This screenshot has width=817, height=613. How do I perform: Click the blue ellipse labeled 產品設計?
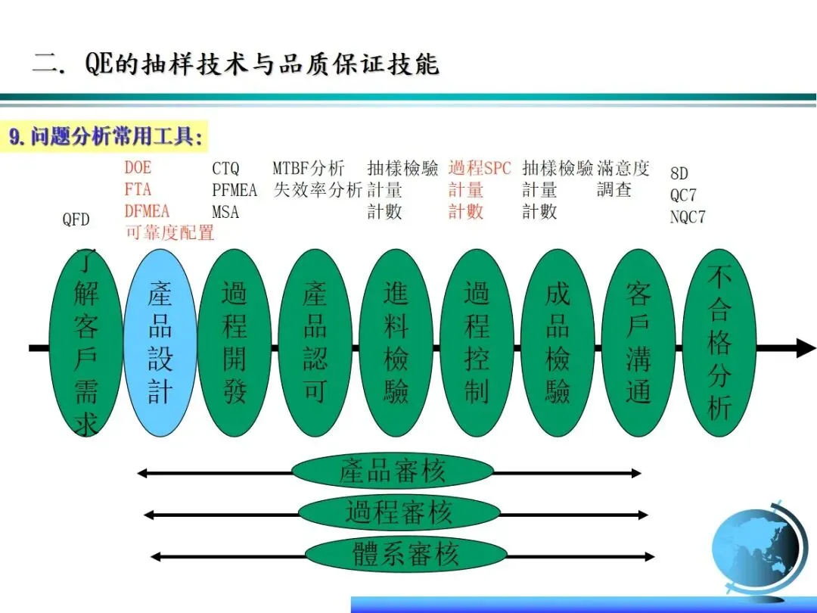pos(160,343)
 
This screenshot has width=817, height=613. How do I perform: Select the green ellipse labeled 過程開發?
pos(234,343)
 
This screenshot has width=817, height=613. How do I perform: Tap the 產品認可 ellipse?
pos(315,343)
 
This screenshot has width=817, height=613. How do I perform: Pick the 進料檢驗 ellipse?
pos(396,343)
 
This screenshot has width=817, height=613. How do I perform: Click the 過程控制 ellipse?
pos(477,343)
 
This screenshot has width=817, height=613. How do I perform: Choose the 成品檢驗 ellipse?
pos(558,343)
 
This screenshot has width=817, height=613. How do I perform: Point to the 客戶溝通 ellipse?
pos(638,343)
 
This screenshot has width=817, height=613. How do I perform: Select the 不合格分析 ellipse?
pos(719,343)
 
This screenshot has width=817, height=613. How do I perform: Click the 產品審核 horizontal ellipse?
pos(392,471)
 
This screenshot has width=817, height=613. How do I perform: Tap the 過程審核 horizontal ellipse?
pos(399,513)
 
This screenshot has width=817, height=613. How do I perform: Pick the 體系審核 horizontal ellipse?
pos(405,555)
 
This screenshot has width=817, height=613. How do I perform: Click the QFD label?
pos(76,220)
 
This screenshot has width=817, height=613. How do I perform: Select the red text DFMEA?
pos(147,211)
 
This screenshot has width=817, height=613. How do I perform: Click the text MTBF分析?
pos(308,169)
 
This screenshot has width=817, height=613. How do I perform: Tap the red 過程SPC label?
pos(480,169)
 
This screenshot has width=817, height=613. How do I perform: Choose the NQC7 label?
pos(688,217)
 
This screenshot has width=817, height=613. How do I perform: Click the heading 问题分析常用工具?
pos(106,138)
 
